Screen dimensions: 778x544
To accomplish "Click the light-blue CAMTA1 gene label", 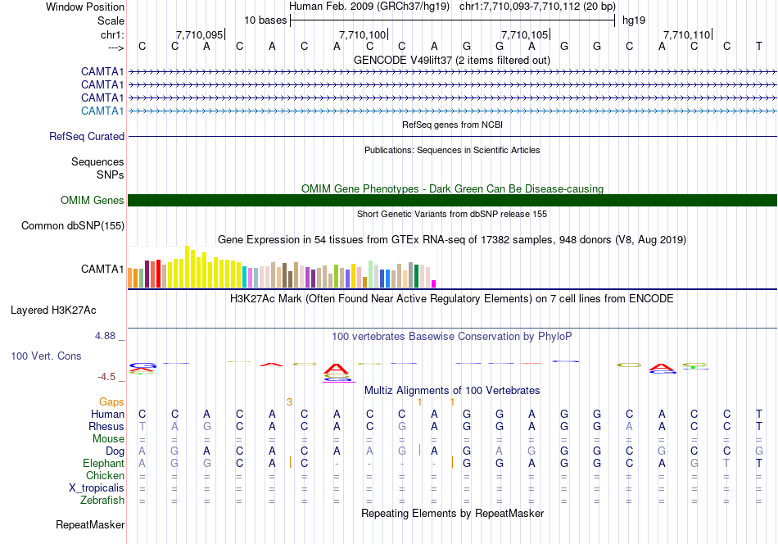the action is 102,111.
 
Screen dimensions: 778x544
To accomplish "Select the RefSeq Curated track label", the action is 87,136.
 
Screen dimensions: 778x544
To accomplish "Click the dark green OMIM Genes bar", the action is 452,200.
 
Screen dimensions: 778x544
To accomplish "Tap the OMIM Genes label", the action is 93,200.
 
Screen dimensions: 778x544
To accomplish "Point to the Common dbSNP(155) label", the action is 73,225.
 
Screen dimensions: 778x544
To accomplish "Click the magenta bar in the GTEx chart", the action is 434,284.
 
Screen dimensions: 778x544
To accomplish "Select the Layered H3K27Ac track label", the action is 53,311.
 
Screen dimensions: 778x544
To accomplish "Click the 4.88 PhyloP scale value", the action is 105,336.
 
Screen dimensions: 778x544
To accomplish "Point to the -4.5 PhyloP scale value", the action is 106,377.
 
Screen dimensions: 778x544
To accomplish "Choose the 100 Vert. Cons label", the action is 46,356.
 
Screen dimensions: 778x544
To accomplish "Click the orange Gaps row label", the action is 111,401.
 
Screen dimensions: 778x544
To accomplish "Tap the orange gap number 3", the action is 289,402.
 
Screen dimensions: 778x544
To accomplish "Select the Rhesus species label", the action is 106,426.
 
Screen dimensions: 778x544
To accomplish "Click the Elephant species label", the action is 104,463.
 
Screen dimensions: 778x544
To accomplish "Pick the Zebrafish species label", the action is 102,500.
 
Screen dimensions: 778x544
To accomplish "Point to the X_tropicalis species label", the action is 97,488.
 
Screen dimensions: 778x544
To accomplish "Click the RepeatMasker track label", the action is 90,524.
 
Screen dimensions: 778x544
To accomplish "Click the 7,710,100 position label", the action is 362,34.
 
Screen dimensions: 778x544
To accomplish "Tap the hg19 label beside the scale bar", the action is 634,20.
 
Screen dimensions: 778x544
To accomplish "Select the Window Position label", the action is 85,7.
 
